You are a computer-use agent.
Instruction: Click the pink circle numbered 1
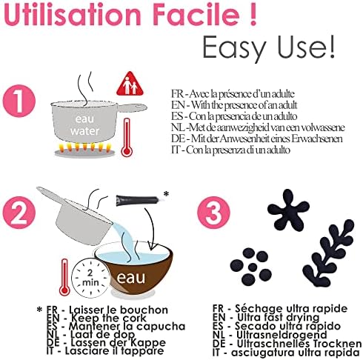point(19,101)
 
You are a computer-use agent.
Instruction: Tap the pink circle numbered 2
point(19,213)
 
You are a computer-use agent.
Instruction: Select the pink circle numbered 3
point(213,213)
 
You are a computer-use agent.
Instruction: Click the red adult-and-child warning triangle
point(130,84)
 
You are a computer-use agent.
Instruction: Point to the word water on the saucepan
point(84,131)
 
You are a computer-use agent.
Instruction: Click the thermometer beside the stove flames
point(127,137)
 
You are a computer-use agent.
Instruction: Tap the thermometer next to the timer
point(64,277)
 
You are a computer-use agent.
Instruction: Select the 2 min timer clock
point(90,277)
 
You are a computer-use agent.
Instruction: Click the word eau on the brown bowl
point(131,278)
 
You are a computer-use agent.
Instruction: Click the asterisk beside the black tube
point(166,194)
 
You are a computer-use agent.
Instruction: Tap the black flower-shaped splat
point(288,210)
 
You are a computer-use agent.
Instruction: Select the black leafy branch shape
point(327,253)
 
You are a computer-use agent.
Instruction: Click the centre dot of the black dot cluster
point(253,267)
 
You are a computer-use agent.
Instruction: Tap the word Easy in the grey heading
point(234,47)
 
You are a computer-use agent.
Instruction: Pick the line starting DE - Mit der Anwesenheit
point(257,139)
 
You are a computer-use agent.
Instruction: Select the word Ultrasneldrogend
point(282,335)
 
